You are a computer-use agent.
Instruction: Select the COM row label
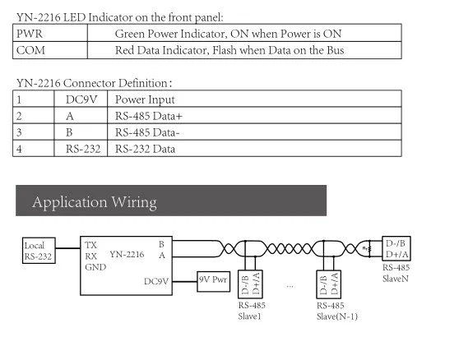30,50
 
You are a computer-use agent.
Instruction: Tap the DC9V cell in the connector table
81,99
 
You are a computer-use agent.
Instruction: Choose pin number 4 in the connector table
19,149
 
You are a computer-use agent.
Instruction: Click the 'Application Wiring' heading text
95,202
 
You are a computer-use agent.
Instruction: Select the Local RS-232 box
39,251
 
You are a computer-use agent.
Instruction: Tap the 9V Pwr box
213,281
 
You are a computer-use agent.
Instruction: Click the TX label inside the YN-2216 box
90,245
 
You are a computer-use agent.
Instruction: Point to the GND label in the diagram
95,267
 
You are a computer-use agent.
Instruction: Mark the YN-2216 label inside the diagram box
127,255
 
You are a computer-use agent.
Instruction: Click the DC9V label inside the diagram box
156,281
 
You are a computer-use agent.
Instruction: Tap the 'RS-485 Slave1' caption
252,311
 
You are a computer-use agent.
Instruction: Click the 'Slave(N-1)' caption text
337,316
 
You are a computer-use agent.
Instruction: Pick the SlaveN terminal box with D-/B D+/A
396,248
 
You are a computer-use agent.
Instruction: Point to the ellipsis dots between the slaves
290,287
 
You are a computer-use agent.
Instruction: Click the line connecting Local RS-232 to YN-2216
67,248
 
